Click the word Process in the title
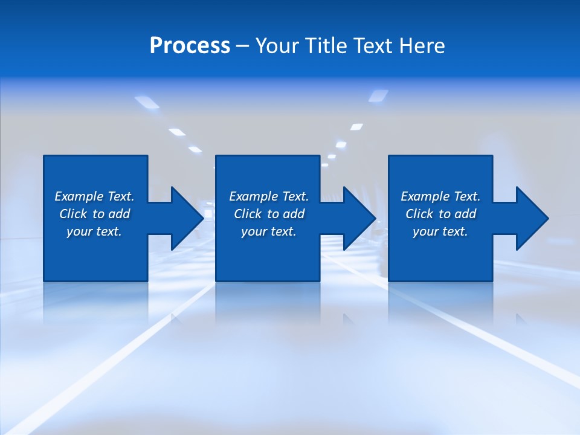tap(190, 46)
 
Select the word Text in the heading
tap(375, 46)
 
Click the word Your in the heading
tap(277, 46)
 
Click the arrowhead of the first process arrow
tap(186, 218)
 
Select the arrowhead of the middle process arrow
tap(358, 218)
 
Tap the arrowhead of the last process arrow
tap(531, 218)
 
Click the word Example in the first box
tap(79, 196)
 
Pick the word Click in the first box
tap(73, 214)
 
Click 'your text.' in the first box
tap(94, 231)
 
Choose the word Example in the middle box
tap(253, 196)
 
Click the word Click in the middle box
tap(248, 214)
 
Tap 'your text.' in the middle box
tap(269, 231)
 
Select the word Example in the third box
tap(425, 196)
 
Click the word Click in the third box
tap(419, 214)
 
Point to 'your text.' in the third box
tap(440, 231)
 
